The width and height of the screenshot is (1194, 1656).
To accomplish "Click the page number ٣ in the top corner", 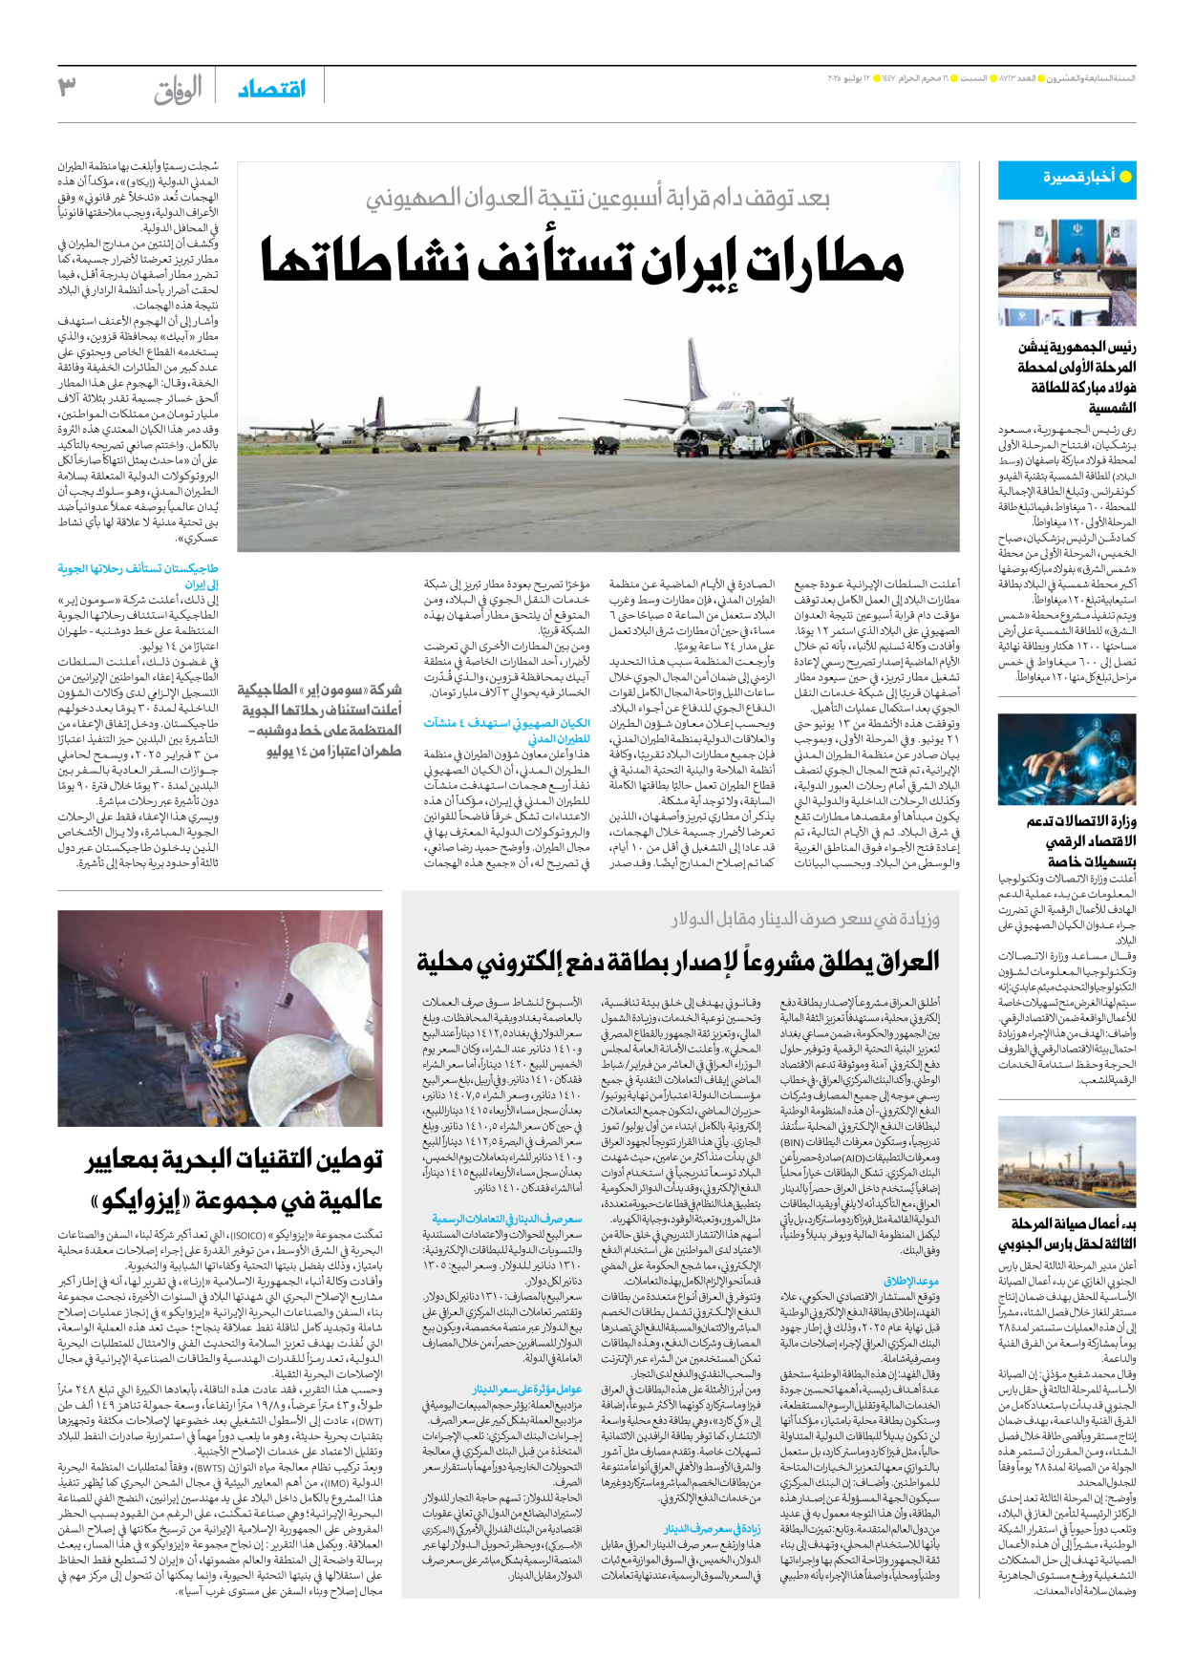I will click(66, 88).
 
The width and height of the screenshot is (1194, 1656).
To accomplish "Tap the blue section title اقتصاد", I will click(271, 89).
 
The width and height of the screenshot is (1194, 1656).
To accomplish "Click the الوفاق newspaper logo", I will click(179, 90).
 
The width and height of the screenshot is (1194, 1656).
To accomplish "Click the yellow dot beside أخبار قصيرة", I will click(1125, 177).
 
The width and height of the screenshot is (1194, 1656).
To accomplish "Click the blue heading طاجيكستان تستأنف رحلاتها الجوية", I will click(139, 569).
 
